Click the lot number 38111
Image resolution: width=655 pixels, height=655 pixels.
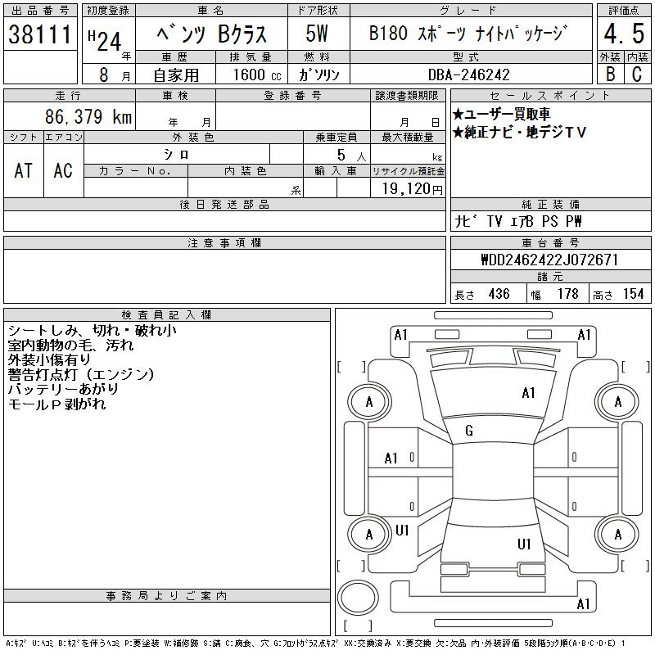[x=40, y=34]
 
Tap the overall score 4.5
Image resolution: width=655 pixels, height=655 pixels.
[x=624, y=34]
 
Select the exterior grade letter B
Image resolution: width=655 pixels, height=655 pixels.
[x=610, y=74]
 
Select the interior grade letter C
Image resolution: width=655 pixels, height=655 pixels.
[x=637, y=74]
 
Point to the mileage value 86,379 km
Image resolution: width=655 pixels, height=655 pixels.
[x=88, y=116]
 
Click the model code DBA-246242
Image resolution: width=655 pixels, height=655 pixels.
[x=469, y=75]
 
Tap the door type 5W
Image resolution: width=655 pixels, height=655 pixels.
[x=317, y=34]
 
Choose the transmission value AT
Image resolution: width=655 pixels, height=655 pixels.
[x=23, y=170]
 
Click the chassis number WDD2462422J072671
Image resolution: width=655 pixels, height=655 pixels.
[x=549, y=260]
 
